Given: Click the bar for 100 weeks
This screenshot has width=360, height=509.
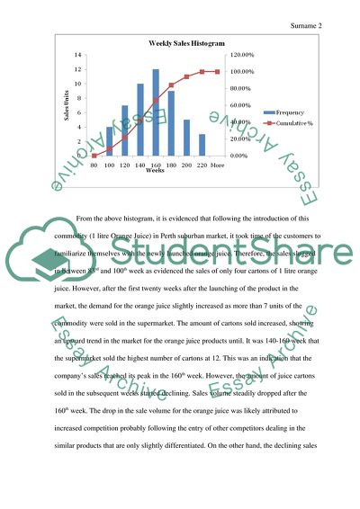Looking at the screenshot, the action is click(109, 141).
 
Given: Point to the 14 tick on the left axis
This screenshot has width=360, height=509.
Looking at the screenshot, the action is click(80, 55).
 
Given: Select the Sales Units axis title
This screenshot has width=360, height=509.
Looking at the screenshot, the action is click(65, 105).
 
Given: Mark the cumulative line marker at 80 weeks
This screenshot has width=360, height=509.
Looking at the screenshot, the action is click(94, 156).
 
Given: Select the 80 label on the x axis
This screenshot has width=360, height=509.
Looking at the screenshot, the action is click(94, 165).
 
